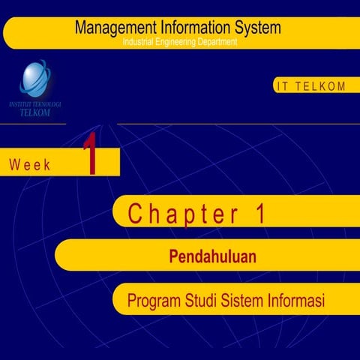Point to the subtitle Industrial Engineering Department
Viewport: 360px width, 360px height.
coord(180,42)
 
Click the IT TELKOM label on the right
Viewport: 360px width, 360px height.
coord(310,86)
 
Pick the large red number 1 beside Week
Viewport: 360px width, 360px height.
coord(90,155)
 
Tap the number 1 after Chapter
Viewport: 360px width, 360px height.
coord(260,214)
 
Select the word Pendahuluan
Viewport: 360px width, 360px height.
coord(213,257)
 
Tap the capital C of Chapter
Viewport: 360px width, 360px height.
coord(135,214)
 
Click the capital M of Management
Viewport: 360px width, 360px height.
coord(81,28)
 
